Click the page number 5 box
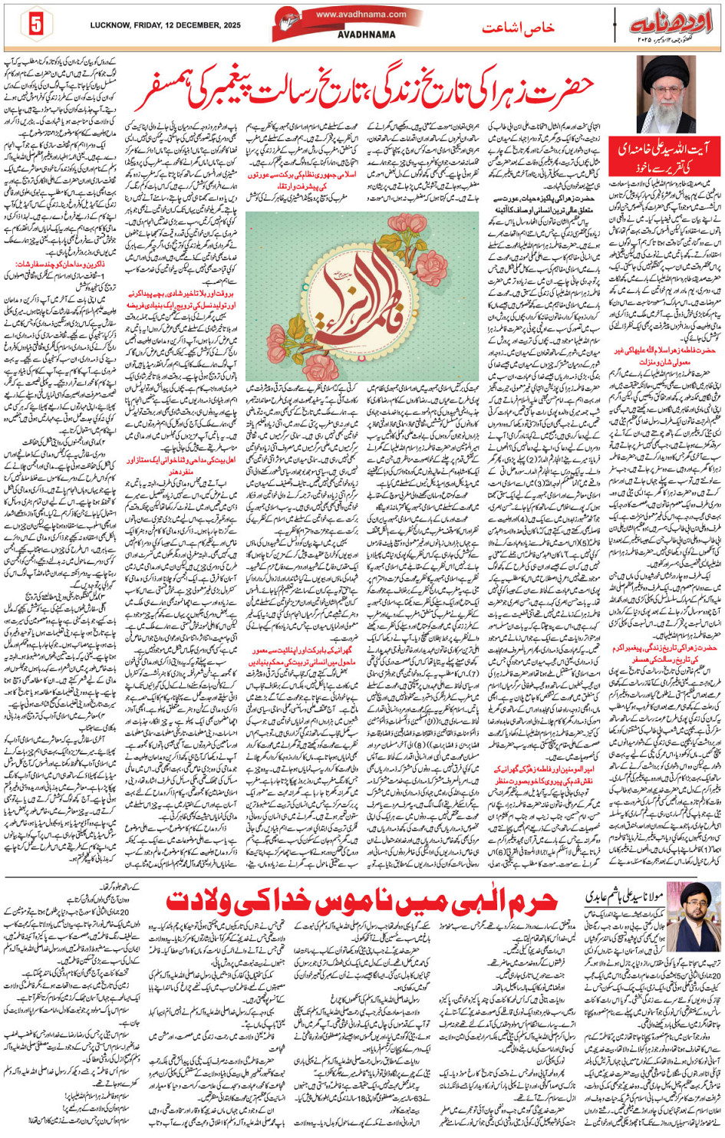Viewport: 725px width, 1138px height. (35, 24)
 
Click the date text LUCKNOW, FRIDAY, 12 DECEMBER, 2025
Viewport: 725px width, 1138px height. (165, 25)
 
